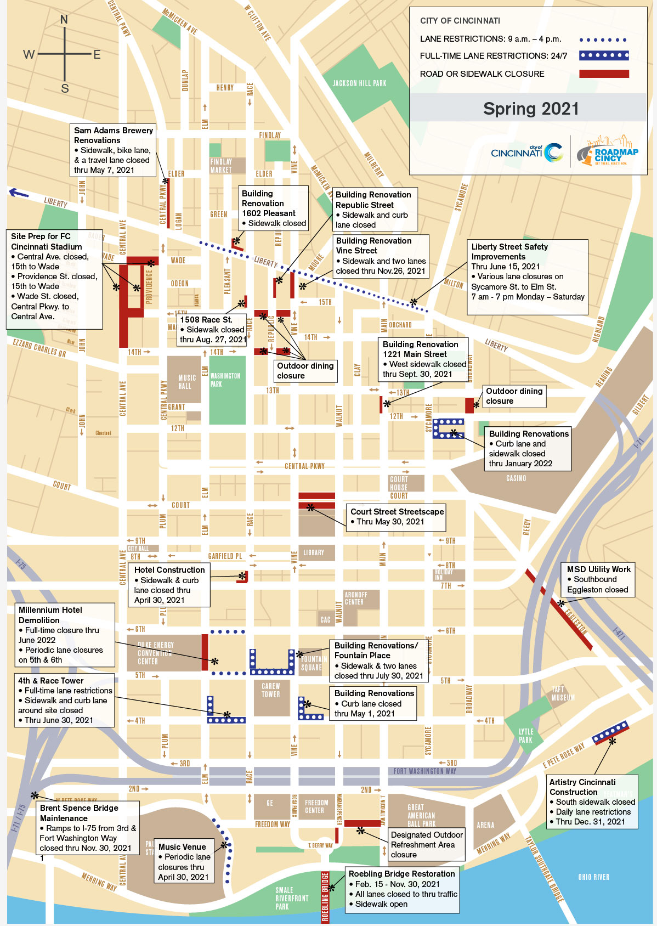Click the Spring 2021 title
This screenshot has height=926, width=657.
click(530, 109)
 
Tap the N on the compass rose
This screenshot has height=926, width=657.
click(64, 20)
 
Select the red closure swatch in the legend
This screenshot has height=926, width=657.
click(604, 74)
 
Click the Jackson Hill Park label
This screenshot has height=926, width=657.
click(359, 83)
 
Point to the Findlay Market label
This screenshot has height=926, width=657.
click(221, 166)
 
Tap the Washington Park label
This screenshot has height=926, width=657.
click(225, 380)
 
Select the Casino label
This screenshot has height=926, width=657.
click(516, 478)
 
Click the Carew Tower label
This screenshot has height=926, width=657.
click(271, 690)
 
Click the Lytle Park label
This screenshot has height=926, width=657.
click(525, 736)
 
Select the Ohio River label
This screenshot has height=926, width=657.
click(593, 877)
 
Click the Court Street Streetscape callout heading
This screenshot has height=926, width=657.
click(397, 511)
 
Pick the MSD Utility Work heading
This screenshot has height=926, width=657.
click(598, 569)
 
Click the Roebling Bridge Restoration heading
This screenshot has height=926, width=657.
click(401, 874)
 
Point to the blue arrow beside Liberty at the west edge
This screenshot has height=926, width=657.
click(19, 193)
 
